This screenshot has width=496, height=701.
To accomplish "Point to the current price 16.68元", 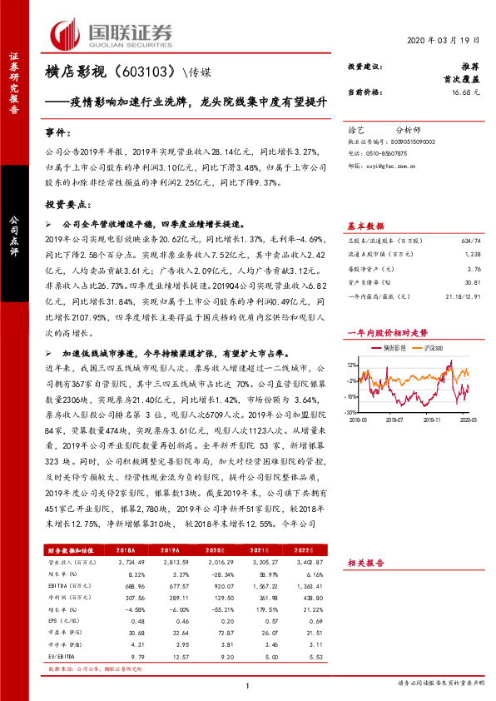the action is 465,92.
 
